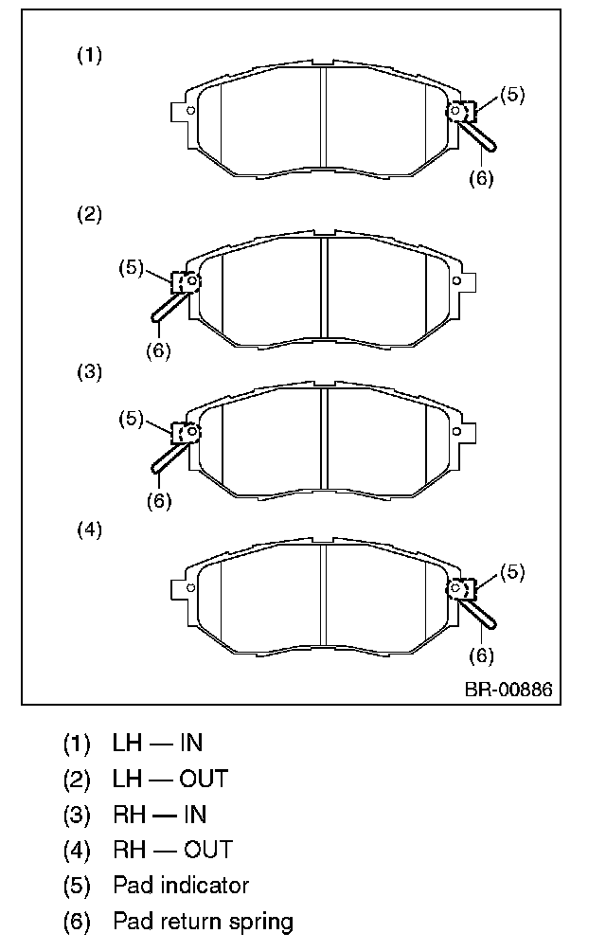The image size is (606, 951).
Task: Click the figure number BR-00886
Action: [508, 690]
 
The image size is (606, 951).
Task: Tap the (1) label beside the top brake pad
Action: [89, 56]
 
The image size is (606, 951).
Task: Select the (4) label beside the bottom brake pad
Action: [89, 530]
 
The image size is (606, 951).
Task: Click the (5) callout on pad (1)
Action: [512, 95]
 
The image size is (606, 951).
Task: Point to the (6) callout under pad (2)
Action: [159, 350]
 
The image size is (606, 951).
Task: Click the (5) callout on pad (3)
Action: [131, 419]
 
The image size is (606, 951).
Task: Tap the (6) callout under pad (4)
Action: [482, 655]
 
